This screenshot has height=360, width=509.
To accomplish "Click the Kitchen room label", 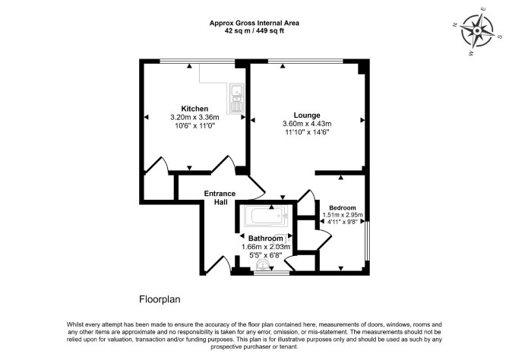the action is pos(194,109).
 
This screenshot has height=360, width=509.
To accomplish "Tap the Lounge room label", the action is pos(307,115).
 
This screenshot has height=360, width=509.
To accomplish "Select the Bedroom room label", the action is pos(343,208).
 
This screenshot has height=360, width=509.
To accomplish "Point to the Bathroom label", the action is pos(266,238).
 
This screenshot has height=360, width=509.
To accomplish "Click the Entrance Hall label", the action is pos(220,197).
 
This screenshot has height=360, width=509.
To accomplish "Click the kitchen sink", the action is pos(236,99).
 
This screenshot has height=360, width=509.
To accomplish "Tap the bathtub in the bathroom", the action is pos(266,216).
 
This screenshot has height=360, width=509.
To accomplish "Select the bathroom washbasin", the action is pos(261,265).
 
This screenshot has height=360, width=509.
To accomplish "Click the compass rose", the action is pos(477,31).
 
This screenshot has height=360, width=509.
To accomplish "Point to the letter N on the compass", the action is pos(455,24).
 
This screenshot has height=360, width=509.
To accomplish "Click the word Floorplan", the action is pos(160,299).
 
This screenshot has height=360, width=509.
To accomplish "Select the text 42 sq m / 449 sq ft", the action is pos(254,31).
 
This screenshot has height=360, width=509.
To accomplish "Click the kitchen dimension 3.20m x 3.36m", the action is pos(194,117).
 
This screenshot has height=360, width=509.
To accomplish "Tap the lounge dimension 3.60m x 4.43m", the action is pos(307,124).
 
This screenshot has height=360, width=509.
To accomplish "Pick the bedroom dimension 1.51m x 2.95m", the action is pos(343,215).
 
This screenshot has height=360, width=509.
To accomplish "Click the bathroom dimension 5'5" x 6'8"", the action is pos(266,255).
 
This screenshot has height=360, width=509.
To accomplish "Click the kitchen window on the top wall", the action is pos(197,62).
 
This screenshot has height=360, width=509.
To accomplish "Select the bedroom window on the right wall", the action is pos(367,241).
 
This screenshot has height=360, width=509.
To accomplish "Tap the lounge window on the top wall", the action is pos(305,62).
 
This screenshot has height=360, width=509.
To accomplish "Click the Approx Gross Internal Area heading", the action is pos(254,24).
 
